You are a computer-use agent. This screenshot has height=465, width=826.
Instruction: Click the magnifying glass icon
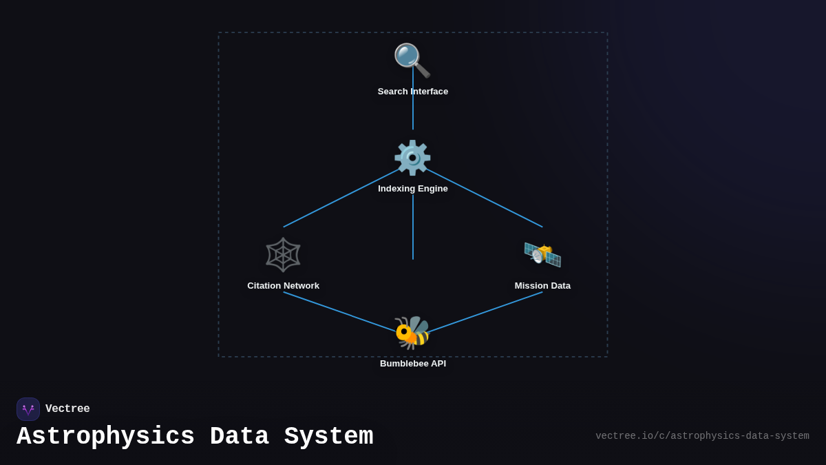tap(412, 60)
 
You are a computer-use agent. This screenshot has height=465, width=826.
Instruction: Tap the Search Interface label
tap(413, 92)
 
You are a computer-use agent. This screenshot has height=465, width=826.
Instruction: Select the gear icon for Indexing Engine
tap(412, 158)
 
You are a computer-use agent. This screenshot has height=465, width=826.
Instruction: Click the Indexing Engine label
tap(413, 189)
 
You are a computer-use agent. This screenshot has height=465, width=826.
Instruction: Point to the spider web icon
tap(283, 255)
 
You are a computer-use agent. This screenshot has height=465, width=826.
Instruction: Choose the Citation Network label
tap(283, 286)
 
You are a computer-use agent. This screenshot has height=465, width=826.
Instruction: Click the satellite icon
tap(542, 254)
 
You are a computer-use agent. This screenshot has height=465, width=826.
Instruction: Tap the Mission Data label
tap(542, 286)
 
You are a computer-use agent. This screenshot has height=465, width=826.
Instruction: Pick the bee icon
tap(412, 333)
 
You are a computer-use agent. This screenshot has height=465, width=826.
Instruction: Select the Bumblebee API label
tap(413, 364)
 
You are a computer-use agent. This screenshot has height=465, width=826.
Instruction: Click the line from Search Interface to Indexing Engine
tap(413, 114)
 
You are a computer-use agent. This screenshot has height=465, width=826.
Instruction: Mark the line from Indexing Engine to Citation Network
tap(330, 203)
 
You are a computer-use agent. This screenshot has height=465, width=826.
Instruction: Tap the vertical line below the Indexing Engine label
tap(413, 227)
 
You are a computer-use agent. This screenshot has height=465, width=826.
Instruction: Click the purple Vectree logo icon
tap(28, 409)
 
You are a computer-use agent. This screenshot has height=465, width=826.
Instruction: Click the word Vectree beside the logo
tap(67, 409)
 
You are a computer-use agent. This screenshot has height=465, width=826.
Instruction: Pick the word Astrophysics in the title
tap(105, 437)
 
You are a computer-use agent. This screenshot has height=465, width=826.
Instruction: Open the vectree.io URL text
tap(702, 436)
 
